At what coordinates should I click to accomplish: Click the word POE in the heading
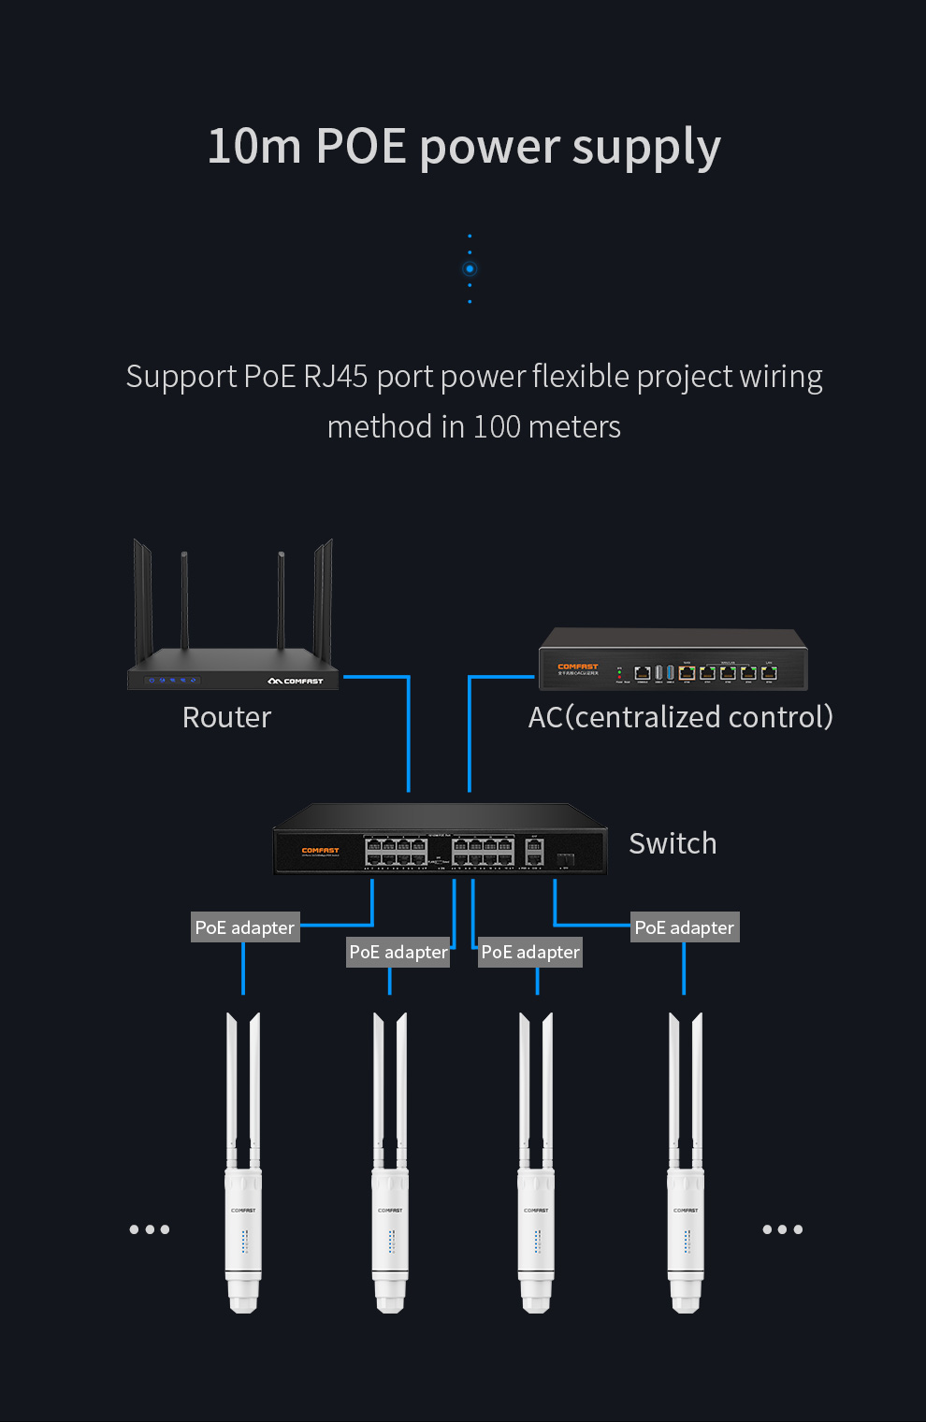pos(361,147)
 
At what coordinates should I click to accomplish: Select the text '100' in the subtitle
pos(497,427)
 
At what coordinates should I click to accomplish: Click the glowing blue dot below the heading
pos(470,269)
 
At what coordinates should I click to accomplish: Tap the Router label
pos(226,717)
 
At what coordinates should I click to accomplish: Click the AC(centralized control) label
pos(680,717)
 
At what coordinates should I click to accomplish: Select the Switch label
pos(673,843)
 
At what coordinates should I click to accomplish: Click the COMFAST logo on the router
pos(296,681)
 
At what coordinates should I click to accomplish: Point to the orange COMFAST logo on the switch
pos(320,850)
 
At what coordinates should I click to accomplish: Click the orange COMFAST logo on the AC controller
pos(577,667)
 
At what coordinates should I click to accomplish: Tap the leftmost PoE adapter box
pos(245,927)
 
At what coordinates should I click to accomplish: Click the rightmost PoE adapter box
pos(685,927)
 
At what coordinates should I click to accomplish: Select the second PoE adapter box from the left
pos(398,952)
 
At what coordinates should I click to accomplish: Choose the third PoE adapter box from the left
pos(530,952)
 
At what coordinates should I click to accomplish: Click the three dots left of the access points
pos(150,1229)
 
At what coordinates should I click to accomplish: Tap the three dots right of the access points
pos(783,1229)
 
